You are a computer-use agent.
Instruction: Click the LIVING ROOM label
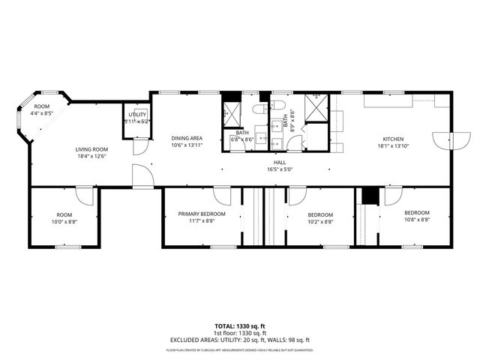click(91, 149)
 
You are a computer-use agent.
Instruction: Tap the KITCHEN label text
click(394, 139)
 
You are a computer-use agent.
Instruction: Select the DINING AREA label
click(187, 138)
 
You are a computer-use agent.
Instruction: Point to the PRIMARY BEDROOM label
click(202, 214)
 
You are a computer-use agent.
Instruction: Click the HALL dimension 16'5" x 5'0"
click(279, 170)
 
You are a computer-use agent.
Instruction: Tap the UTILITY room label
click(136, 114)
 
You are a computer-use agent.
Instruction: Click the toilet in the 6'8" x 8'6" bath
click(259, 109)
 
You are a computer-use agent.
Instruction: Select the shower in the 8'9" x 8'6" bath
click(316, 109)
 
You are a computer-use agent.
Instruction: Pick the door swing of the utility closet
click(138, 147)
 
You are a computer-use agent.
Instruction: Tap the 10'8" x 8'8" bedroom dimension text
click(416, 220)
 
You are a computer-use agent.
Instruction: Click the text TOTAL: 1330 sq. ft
click(239, 326)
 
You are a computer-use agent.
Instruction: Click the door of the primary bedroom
click(223, 196)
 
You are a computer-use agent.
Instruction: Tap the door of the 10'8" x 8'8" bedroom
click(392, 196)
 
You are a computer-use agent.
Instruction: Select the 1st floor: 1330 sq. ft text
click(239, 332)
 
